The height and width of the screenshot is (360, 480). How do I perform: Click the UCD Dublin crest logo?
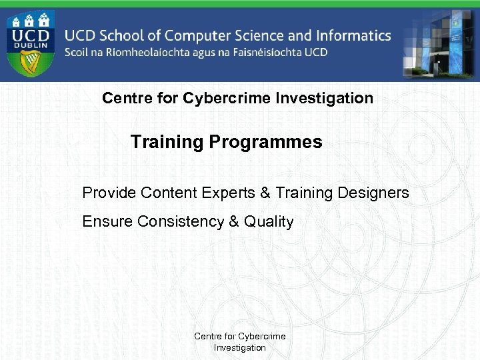click(31, 42)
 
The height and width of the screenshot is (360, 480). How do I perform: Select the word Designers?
click(373, 193)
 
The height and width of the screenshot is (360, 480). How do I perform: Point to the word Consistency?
click(181, 221)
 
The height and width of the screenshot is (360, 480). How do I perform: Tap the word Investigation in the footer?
click(239, 347)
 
